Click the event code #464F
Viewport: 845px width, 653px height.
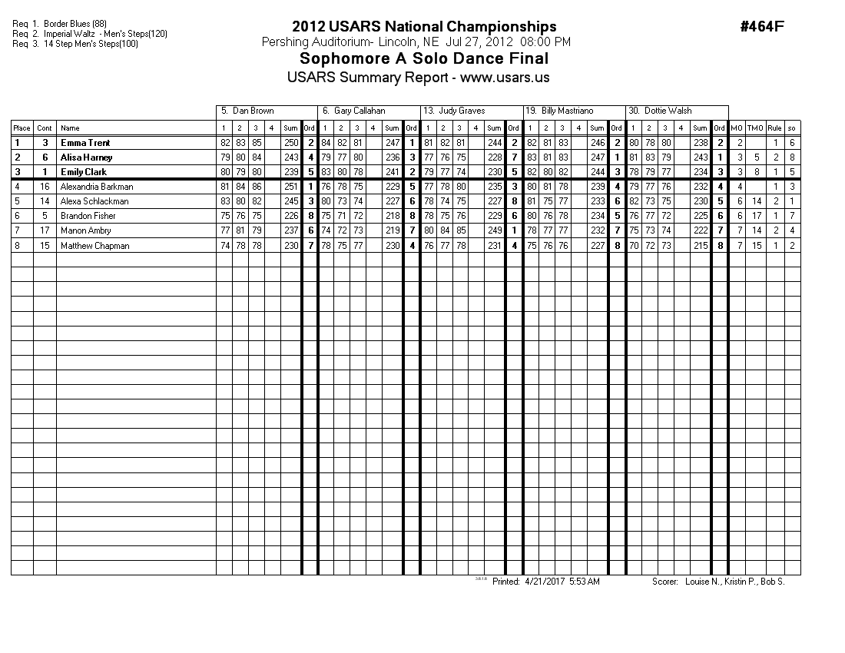761,27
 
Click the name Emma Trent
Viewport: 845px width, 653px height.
85,143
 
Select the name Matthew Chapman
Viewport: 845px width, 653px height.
94,246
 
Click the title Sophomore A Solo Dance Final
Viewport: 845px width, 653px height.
424,59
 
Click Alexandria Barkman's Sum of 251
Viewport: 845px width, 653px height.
290,187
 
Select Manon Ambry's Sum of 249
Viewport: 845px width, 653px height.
495,230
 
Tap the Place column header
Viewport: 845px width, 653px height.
22,128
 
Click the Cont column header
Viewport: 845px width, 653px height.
45,128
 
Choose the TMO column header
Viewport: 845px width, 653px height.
755,128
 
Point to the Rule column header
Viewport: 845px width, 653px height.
775,128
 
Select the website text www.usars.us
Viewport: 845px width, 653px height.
505,78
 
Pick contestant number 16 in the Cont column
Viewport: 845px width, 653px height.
45,187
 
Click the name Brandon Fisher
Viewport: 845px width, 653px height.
88,216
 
